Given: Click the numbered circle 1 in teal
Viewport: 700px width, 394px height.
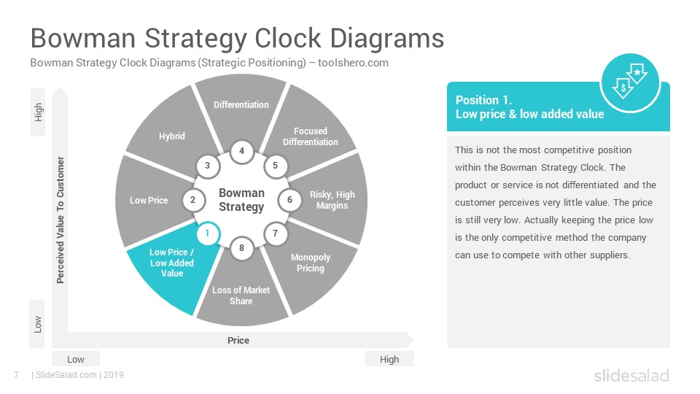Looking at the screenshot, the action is pyautogui.click(x=207, y=233).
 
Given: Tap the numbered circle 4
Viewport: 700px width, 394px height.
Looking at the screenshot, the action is pyautogui.click(x=241, y=151).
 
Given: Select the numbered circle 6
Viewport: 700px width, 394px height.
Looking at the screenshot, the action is pyautogui.click(x=289, y=200).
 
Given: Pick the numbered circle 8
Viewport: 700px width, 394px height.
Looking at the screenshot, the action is pyautogui.click(x=241, y=248).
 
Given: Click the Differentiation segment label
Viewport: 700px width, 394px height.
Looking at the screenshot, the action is pyautogui.click(x=241, y=104).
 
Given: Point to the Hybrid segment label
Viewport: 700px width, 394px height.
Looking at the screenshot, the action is pyautogui.click(x=172, y=136).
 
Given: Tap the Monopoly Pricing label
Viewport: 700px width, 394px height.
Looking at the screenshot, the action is pyautogui.click(x=311, y=263).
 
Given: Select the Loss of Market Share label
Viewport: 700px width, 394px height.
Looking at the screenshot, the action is pyautogui.click(x=241, y=295).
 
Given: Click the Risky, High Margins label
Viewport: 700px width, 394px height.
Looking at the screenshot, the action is pyautogui.click(x=332, y=200).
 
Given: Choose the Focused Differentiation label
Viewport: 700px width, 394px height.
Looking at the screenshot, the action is pyautogui.click(x=311, y=136).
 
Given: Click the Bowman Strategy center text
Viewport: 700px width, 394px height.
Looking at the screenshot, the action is pyautogui.click(x=241, y=200).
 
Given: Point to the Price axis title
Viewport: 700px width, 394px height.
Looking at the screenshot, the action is pyautogui.click(x=238, y=341).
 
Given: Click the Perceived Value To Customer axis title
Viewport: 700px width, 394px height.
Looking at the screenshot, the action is pyautogui.click(x=61, y=220).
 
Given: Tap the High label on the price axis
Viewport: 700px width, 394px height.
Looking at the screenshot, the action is pyautogui.click(x=389, y=359).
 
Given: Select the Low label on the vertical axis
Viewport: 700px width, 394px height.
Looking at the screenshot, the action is pyautogui.click(x=38, y=324).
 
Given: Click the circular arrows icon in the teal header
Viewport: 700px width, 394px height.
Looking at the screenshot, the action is pyautogui.click(x=630, y=82).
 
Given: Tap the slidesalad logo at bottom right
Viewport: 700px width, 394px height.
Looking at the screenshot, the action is pyautogui.click(x=631, y=375).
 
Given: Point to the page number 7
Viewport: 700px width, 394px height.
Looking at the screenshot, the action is pyautogui.click(x=17, y=375).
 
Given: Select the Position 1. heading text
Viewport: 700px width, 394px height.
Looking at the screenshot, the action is pyautogui.click(x=483, y=100).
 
